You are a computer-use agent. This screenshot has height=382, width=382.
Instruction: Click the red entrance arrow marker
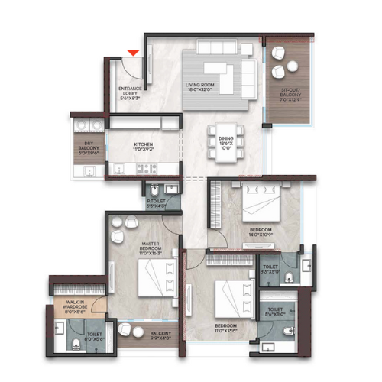pyautogui.click(x=133, y=52)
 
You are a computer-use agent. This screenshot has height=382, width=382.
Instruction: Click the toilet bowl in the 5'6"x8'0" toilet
pyautogui.click(x=289, y=330)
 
